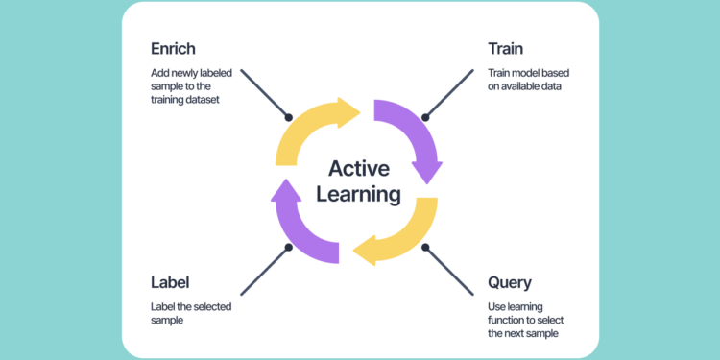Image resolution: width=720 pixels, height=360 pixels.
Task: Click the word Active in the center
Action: (x=360, y=169)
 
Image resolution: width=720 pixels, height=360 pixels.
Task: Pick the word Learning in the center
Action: (x=360, y=195)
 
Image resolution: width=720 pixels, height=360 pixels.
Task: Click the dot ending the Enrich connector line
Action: (x=288, y=117)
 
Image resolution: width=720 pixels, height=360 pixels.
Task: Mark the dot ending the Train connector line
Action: (x=427, y=118)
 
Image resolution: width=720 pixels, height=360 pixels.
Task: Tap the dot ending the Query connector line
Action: (x=426, y=247)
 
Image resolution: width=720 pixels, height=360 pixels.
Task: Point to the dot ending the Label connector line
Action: (x=288, y=248)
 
